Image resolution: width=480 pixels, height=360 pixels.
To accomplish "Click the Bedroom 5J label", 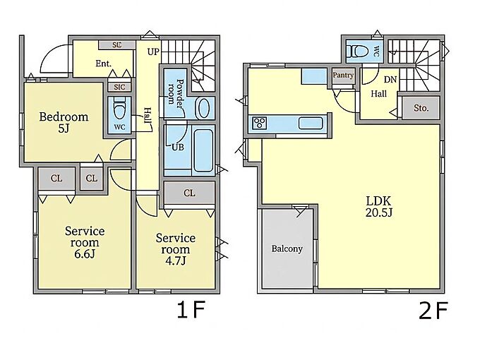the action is tap(64, 122).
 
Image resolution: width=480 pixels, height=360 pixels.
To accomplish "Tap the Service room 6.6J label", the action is tap(85, 242).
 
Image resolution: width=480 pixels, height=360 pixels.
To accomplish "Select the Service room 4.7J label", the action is tap(175, 249).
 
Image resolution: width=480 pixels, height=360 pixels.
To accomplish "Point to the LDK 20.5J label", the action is tap(378, 207).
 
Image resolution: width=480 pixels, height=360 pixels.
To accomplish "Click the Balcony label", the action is tap(287, 248).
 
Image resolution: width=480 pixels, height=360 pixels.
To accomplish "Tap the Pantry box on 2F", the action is tap(343, 76).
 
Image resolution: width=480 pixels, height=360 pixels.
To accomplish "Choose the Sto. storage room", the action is tap(421, 108).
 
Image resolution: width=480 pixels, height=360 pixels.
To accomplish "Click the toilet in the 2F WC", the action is tap(359, 51).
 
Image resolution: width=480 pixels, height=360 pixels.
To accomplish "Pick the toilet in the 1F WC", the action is tap(119, 109).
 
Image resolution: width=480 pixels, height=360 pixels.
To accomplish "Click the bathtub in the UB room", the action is tap(203, 150).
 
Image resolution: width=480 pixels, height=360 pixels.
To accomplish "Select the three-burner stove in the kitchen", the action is tap(259, 124).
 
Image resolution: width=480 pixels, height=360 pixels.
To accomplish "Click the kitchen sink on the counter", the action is tap(311, 124).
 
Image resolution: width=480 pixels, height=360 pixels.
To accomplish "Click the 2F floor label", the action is tap(433, 311).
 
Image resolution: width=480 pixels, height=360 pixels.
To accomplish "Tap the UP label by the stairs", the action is tap(153, 52).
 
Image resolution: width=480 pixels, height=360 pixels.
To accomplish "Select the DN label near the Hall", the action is tap(390, 80).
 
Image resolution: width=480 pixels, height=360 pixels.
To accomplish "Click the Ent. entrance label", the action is tap(104, 64).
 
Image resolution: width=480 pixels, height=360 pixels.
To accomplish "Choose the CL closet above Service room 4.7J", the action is tap(189, 193).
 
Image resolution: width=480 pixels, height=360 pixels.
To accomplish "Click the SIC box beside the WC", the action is tap(119, 87).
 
